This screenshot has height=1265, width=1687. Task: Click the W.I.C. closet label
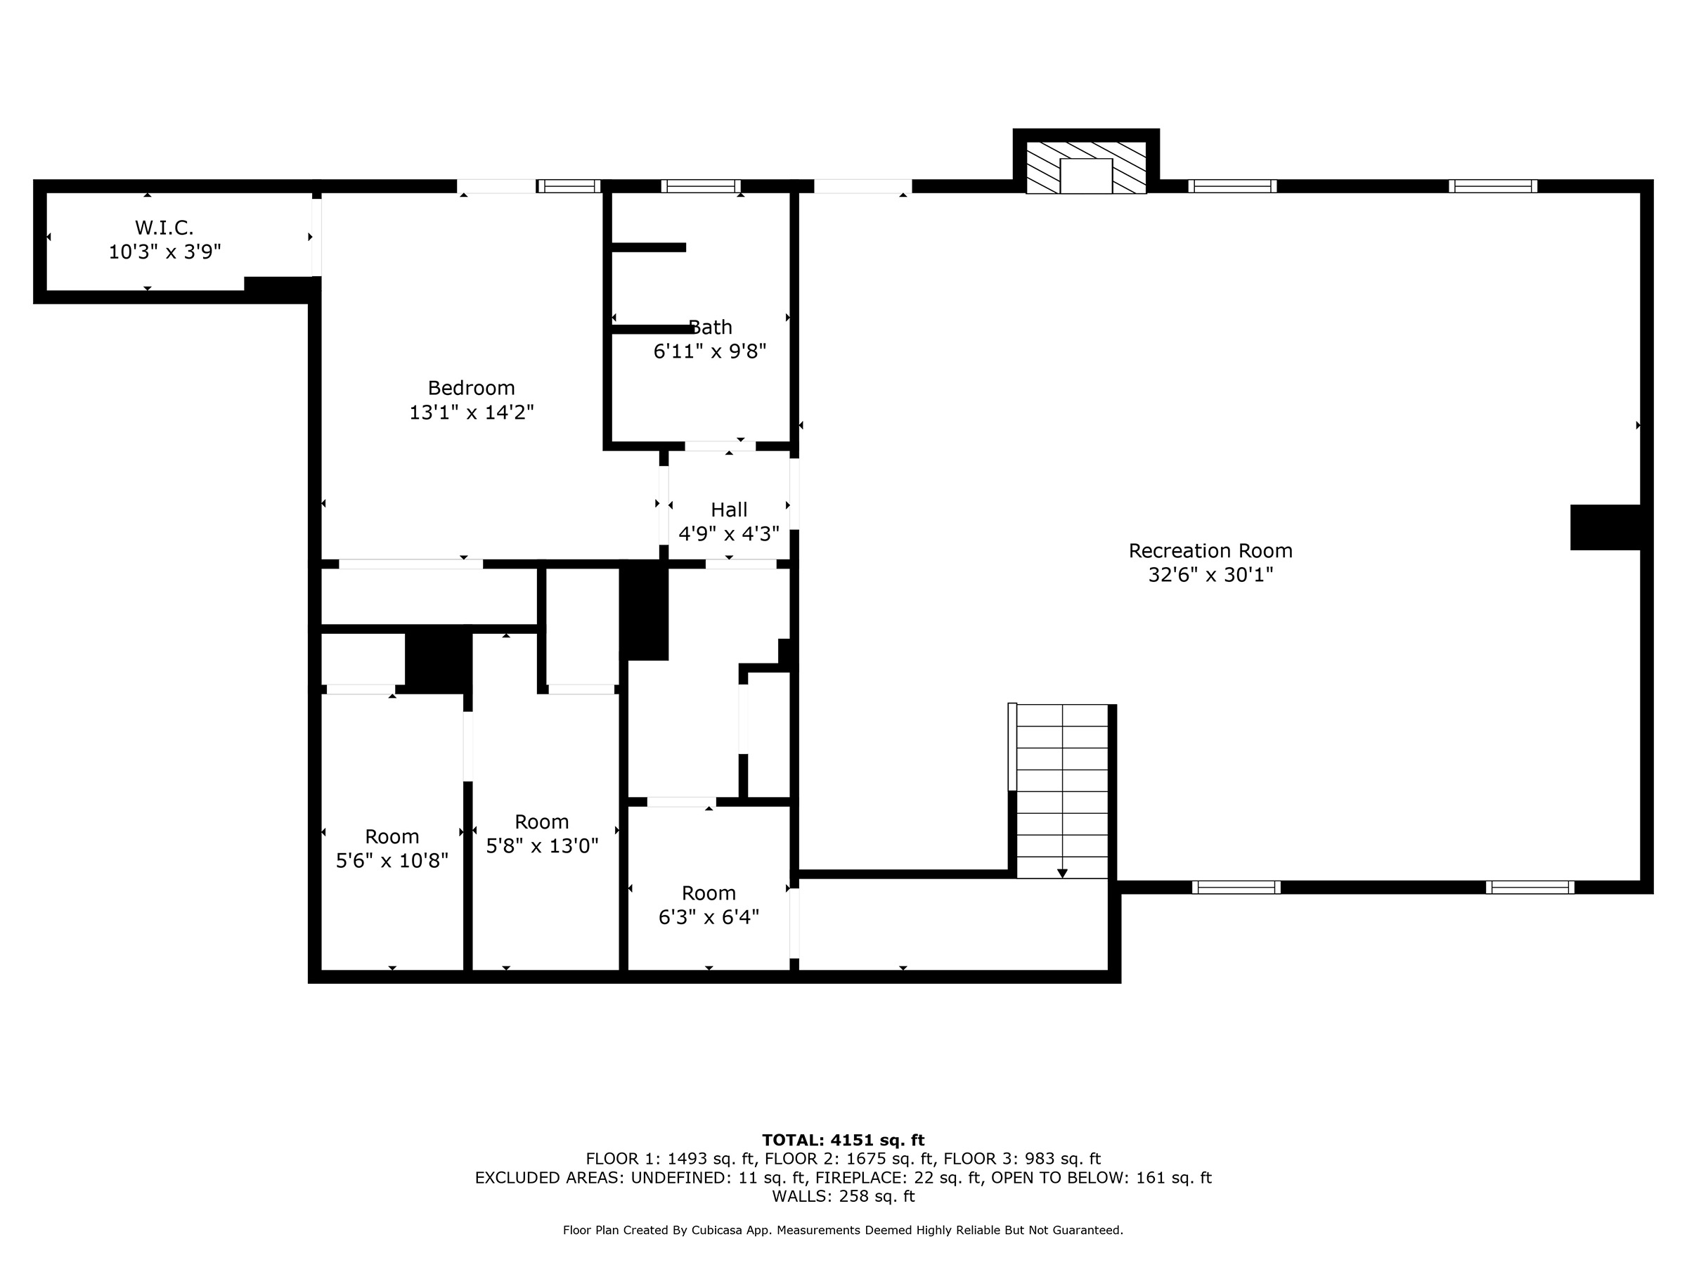coord(164,227)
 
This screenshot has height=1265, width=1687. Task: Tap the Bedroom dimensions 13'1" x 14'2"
coord(472,413)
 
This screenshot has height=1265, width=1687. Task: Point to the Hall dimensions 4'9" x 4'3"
coord(729,533)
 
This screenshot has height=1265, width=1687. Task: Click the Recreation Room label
coord(1210,550)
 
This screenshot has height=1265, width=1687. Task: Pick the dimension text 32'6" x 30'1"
coord(1210,575)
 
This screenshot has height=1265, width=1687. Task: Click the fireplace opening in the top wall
coord(1086,176)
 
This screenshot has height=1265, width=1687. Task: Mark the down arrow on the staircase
coord(1062,874)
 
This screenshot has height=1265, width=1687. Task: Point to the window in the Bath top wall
coord(701,186)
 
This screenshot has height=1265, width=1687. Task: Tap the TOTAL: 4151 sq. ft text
coord(843,1140)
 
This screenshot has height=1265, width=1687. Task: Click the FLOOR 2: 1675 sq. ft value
coord(849,1159)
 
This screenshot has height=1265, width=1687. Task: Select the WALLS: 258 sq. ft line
coord(843,1196)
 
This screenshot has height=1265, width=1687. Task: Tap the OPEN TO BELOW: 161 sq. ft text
coord(1101,1178)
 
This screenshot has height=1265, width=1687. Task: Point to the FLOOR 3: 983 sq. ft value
coord(1022,1159)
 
